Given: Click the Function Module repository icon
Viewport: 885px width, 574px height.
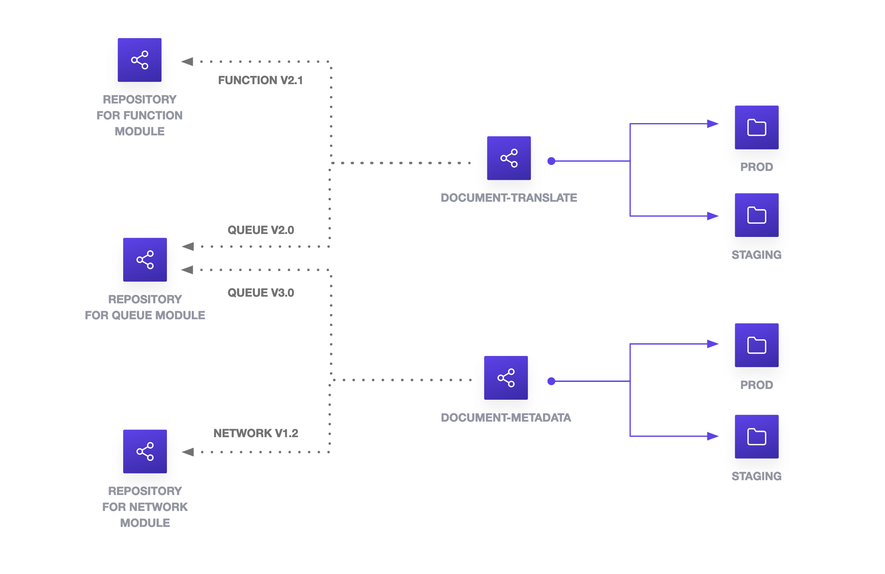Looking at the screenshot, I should [139, 60].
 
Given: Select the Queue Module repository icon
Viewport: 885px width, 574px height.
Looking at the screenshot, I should [145, 260].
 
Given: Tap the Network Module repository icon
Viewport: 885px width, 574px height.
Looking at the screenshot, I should [145, 451].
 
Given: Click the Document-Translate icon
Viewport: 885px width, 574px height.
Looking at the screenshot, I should [509, 158].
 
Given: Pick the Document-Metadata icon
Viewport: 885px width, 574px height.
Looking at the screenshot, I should [506, 378].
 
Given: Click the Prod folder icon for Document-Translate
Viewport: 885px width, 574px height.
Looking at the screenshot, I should [756, 128].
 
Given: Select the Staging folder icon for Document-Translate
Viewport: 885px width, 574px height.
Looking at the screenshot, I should [756, 215].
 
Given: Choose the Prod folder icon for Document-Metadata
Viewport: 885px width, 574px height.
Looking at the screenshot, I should [756, 345].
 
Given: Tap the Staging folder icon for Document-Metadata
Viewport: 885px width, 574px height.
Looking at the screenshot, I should [756, 436].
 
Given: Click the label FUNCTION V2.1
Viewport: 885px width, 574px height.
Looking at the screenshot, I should [260, 80].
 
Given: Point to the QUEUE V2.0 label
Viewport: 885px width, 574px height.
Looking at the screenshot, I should [261, 230].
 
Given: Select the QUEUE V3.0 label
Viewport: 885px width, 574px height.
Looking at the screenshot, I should [261, 293].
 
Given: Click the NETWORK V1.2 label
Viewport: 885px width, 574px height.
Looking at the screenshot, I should [256, 433].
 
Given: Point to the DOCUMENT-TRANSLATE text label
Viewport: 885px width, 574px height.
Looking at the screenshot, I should [509, 198].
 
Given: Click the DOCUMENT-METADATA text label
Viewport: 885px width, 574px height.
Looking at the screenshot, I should [506, 418].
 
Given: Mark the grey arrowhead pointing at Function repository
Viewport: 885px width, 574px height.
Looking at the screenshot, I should [187, 61].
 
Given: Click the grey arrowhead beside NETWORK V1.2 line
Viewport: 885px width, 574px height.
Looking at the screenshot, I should [188, 452].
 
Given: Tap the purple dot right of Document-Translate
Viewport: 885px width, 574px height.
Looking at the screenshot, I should [552, 161].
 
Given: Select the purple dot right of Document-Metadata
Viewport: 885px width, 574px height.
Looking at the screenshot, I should [552, 381].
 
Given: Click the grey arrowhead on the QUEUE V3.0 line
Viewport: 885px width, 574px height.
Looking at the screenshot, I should [187, 270].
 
